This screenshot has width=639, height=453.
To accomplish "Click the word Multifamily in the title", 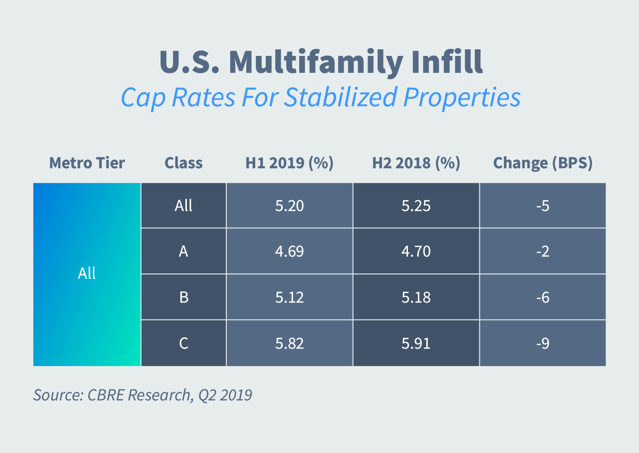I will (x=316, y=62).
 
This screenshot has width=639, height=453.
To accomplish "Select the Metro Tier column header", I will (x=87, y=163).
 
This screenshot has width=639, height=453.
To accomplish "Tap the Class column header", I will (x=184, y=163).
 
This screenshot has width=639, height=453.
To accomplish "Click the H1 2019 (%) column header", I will (x=289, y=163).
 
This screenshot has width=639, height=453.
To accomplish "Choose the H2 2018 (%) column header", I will (x=416, y=163).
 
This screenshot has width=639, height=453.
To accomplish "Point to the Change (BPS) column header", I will (x=543, y=163).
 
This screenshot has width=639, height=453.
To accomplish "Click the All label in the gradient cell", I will (x=87, y=273).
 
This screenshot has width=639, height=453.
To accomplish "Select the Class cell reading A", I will (x=184, y=251).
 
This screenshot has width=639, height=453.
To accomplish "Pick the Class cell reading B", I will (x=184, y=297).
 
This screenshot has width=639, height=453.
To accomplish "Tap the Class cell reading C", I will (x=184, y=344).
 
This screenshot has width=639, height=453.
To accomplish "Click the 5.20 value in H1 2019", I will (x=289, y=206).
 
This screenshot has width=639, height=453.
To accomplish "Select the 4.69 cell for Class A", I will (x=289, y=251).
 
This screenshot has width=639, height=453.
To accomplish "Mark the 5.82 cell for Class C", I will (x=289, y=344).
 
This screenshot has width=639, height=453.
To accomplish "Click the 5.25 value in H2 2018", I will (x=416, y=206).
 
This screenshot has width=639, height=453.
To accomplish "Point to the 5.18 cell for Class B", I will (x=416, y=297).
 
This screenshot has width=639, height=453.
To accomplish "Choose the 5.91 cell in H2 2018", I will (x=416, y=344).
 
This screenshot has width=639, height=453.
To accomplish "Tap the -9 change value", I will (x=543, y=344).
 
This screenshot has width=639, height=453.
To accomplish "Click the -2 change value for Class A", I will (x=543, y=251).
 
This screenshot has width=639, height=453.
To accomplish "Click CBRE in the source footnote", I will (x=106, y=395).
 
